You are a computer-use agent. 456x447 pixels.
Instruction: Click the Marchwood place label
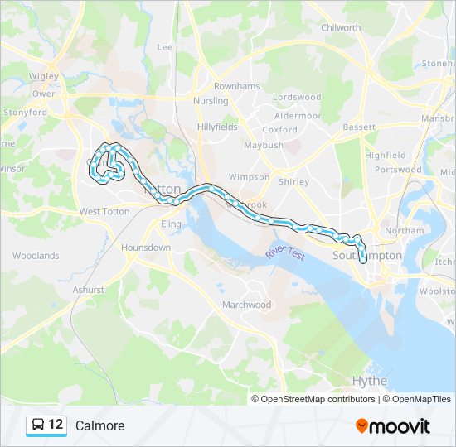(246, 305)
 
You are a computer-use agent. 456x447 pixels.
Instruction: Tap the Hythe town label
(370, 381)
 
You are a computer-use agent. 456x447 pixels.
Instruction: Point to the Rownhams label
(236, 86)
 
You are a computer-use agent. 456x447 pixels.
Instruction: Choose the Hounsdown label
(145, 248)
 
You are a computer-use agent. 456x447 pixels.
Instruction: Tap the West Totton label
(104, 212)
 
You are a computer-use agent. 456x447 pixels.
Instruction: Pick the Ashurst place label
(89, 290)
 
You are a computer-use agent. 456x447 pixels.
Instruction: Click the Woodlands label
(36, 256)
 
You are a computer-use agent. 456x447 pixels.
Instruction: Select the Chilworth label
(341, 28)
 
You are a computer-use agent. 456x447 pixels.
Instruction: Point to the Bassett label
(359, 127)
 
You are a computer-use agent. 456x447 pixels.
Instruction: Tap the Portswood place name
(397, 170)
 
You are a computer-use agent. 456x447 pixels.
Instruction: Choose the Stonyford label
(25, 112)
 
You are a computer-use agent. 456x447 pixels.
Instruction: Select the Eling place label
(171, 224)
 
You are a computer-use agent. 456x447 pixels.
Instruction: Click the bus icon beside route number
(38, 425)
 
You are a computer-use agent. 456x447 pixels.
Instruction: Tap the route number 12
(56, 425)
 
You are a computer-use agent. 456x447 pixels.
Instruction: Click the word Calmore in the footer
(99, 426)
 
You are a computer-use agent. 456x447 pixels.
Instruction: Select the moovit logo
(393, 426)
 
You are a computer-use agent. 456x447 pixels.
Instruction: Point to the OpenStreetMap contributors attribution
(318, 399)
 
